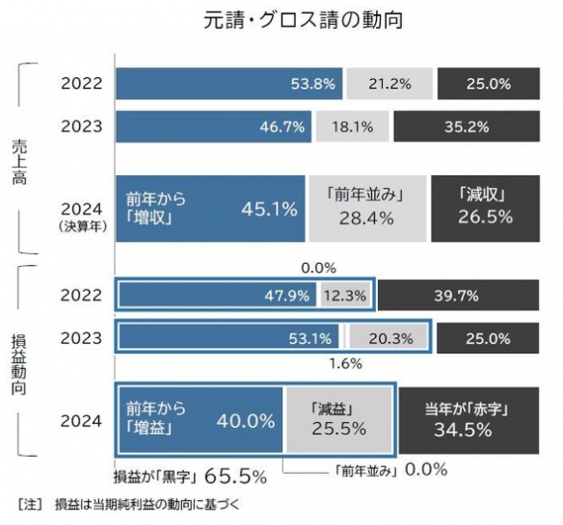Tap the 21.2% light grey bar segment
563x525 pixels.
[389, 84]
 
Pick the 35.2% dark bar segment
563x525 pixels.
[466, 125]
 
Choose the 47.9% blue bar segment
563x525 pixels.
[217, 295]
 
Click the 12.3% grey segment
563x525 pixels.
[344, 295]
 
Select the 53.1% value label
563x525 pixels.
[310, 338]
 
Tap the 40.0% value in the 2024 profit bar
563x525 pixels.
[243, 420]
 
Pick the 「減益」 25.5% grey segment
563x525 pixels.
[338, 420]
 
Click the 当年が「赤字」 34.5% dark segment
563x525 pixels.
[466, 420]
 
